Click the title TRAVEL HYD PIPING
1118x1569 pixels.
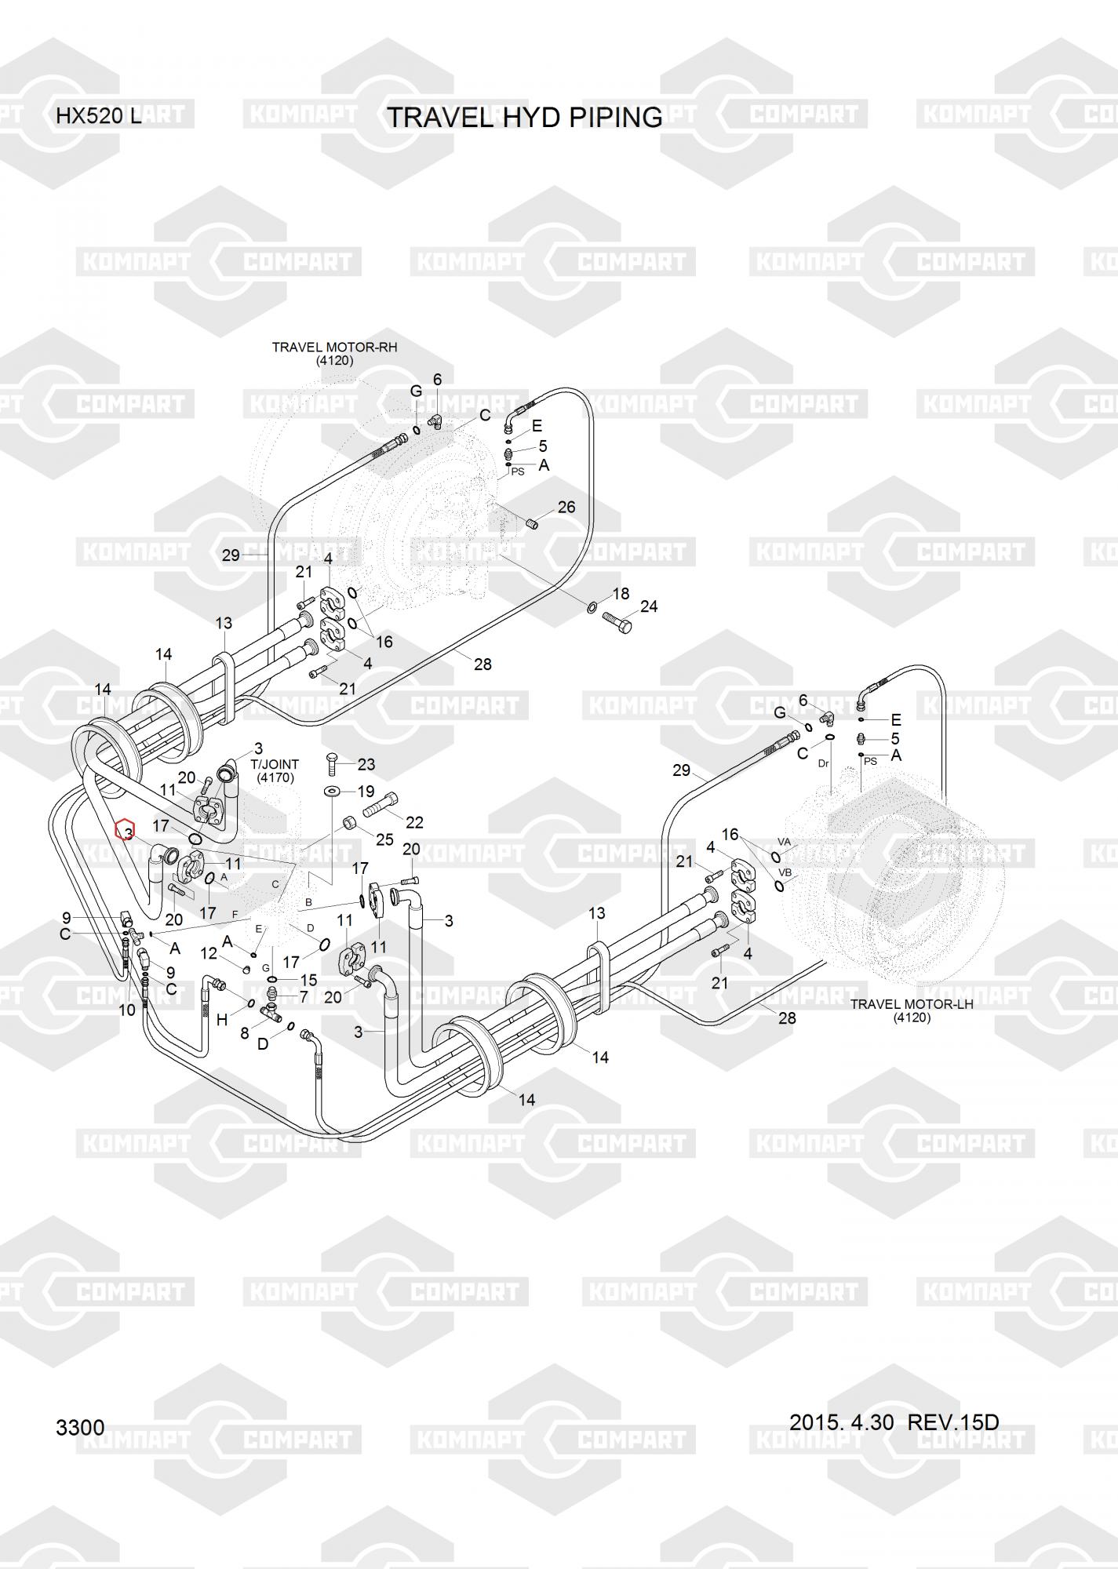[525, 118]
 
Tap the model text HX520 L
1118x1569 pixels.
[98, 117]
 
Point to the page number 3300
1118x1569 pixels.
[80, 1427]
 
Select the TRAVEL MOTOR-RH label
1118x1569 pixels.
[334, 347]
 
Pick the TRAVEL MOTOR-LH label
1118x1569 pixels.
[911, 1003]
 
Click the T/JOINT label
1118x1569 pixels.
[275, 763]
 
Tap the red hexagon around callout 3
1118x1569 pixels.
[126, 829]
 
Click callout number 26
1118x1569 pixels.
[566, 507]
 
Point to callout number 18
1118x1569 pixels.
[621, 594]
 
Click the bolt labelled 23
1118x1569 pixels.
[332, 760]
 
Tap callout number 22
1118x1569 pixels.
[414, 821]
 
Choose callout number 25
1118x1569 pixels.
[384, 839]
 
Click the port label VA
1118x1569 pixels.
[784, 842]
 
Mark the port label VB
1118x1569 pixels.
[785, 872]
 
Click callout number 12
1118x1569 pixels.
[209, 953]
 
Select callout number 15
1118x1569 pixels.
[309, 980]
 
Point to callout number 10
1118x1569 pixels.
[127, 1010]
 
